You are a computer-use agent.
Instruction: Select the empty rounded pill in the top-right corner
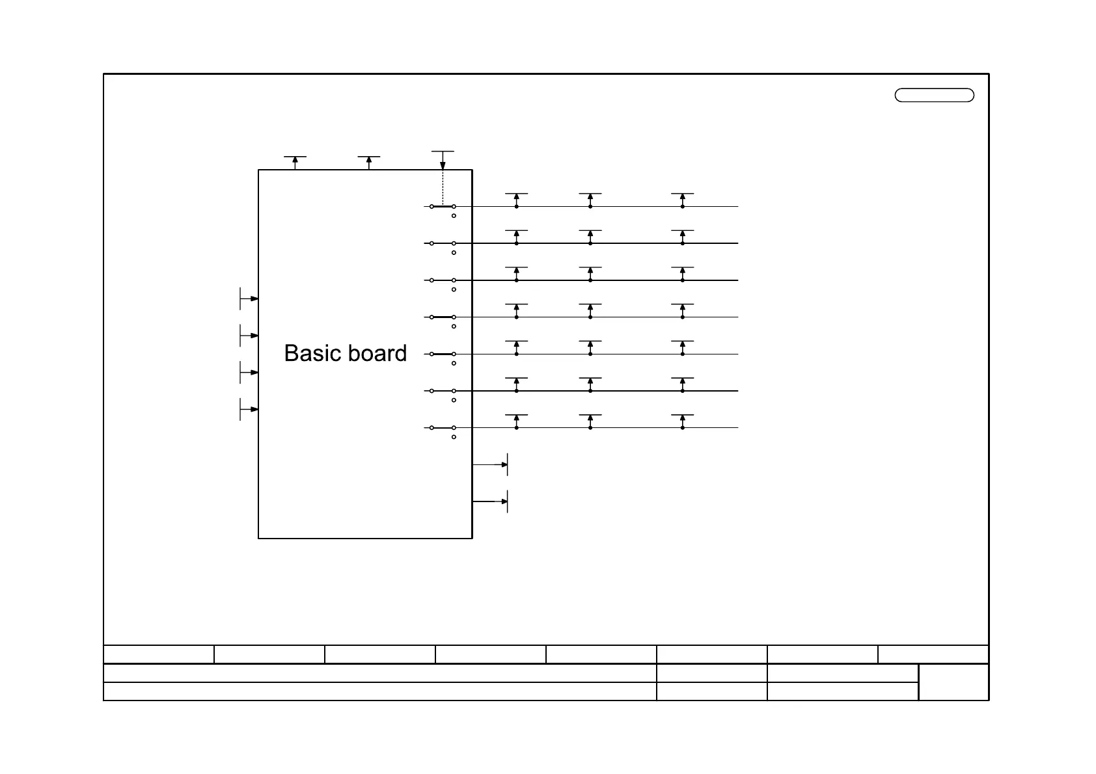pos(934,96)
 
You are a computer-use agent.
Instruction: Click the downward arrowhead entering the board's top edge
pos(443,165)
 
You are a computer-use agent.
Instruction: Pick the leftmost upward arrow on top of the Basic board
pos(295,161)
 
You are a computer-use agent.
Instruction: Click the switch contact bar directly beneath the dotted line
pos(443,207)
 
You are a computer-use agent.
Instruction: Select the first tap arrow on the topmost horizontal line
pos(517,198)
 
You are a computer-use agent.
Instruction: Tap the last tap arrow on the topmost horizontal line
pos(683,198)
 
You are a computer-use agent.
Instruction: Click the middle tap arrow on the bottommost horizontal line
pos(590,419)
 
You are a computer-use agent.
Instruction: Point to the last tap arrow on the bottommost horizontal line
pos(683,419)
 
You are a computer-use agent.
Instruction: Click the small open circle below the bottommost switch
pos(454,437)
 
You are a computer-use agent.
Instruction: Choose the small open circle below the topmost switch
pos(454,216)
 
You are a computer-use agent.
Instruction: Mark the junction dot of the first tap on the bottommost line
pos(517,428)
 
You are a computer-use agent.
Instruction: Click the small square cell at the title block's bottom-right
pos(953,682)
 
